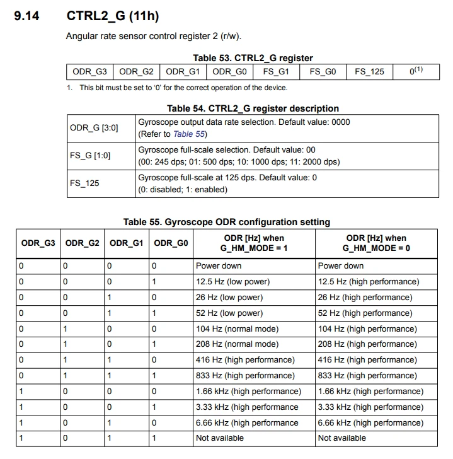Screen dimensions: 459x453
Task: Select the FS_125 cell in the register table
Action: [369, 71]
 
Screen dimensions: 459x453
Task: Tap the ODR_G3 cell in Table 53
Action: [90, 71]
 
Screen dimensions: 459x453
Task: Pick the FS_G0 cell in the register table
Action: [323, 71]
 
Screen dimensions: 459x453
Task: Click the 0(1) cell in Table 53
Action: [415, 71]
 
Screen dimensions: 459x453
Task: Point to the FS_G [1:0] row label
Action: [90, 154]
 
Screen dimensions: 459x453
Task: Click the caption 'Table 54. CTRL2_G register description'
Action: [253, 108]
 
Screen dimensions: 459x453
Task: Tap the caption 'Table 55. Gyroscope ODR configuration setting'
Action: [227, 221]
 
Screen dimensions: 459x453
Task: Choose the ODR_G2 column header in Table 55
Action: [83, 243]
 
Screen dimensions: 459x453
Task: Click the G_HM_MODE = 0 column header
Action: [376, 243]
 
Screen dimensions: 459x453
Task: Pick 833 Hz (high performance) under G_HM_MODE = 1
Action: [245, 375]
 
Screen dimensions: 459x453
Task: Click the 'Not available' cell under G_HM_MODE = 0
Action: [342, 438]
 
